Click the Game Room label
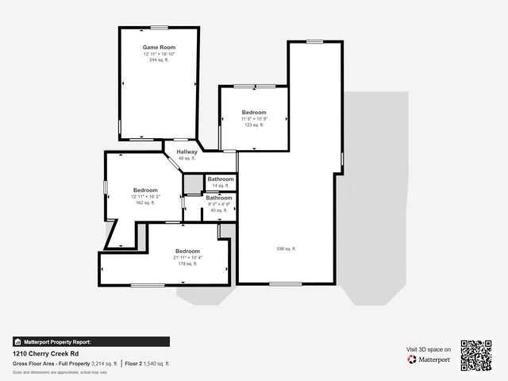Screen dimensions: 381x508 click(159, 48)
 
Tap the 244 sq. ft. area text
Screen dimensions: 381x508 click(159, 60)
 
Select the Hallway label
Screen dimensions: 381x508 click(187, 152)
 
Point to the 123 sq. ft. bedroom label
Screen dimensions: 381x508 click(254, 125)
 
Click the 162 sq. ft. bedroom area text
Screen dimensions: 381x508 click(145, 202)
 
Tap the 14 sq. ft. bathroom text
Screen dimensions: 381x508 click(221, 186)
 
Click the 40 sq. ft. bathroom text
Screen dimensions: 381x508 click(219, 210)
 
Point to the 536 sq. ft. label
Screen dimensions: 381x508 click(286, 249)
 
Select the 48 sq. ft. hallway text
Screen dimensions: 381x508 click(187, 159)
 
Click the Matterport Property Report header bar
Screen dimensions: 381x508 click(90, 341)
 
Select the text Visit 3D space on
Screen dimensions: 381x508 click(429, 349)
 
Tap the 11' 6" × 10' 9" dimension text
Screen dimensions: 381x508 click(254, 118)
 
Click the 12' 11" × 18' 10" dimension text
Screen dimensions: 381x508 click(159, 54)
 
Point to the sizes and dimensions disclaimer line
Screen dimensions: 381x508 click(60, 371)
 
